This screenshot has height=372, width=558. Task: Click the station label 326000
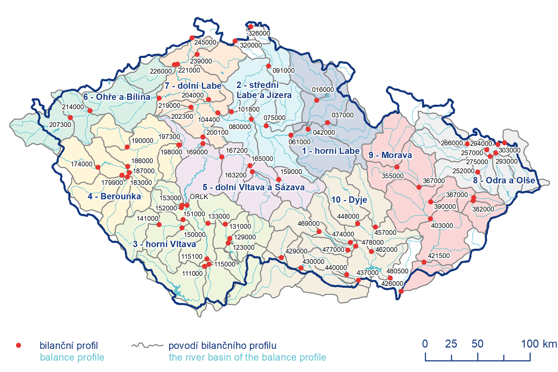pyautogui.click(x=259, y=33)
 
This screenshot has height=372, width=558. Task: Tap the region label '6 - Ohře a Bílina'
pyautogui.click(x=117, y=97)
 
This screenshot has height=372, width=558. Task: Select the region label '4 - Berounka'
pyautogui.click(x=114, y=196)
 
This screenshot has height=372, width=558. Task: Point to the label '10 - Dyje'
pyautogui.click(x=349, y=200)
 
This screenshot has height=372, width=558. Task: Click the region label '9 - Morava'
pyautogui.click(x=390, y=155)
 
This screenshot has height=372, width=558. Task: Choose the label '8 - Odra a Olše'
pyautogui.click(x=504, y=180)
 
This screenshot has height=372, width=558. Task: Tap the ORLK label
pyautogui.click(x=199, y=197)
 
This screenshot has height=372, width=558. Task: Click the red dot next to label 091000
pyautogui.click(x=268, y=66)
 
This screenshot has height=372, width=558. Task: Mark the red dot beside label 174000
pyautogui.click(x=98, y=167)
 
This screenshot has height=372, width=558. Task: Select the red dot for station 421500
pyautogui.click(x=424, y=262)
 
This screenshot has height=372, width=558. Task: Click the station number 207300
pyautogui.click(x=60, y=125)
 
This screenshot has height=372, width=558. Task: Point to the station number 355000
pyautogui.click(x=392, y=176)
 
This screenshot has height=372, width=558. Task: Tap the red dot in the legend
pyautogui.click(x=19, y=345)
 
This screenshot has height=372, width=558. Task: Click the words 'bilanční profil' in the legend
pyautogui.click(x=69, y=345)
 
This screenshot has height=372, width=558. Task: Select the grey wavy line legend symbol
pyautogui.click(x=147, y=345)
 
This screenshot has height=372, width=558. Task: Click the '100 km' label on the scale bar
pyautogui.click(x=539, y=344)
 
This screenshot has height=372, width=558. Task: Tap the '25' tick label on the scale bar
pyautogui.click(x=451, y=344)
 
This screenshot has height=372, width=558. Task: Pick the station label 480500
pyautogui.click(x=397, y=271)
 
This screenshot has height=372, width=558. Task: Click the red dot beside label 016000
pyautogui.click(x=316, y=100)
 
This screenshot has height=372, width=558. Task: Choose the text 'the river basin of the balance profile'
pyautogui.click(x=247, y=357)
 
